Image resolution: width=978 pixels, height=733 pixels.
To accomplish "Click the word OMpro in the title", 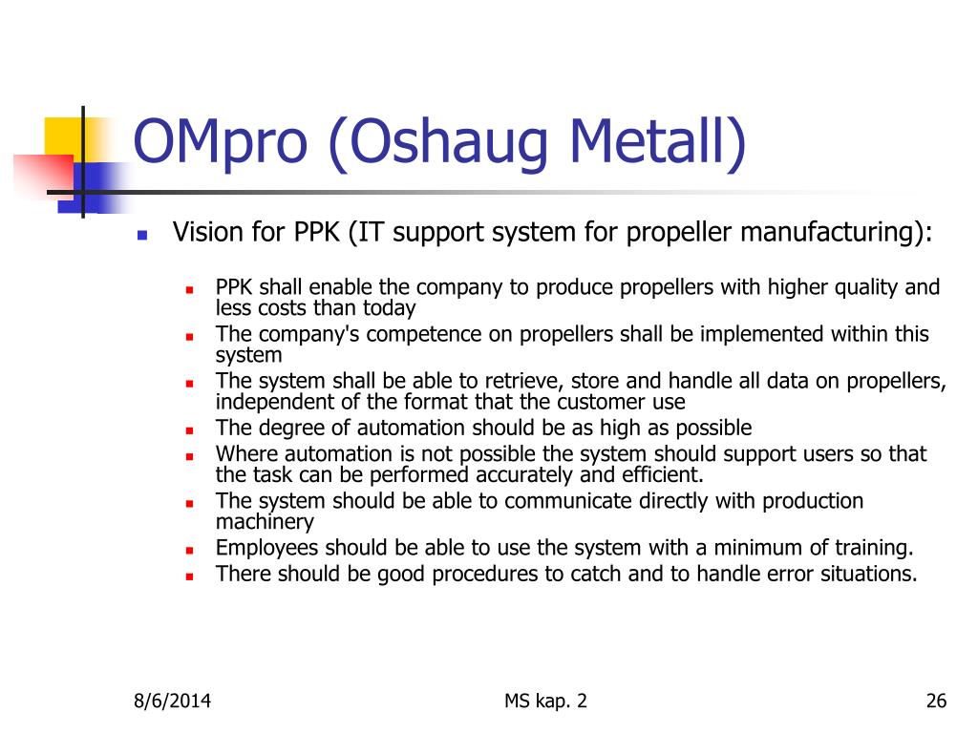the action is [x=221, y=143].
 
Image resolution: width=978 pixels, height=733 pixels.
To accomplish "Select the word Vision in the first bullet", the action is [x=209, y=231].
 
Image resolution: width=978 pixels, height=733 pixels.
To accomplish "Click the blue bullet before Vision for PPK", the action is [x=142, y=235].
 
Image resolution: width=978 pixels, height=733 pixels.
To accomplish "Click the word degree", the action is [x=290, y=429].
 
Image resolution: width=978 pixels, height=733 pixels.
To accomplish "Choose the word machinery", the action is [x=265, y=522].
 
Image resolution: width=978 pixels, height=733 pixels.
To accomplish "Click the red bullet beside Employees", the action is [x=190, y=551].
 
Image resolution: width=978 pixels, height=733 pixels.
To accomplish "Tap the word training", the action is [x=874, y=548].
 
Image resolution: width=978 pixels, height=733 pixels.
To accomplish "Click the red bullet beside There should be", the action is [x=190, y=576].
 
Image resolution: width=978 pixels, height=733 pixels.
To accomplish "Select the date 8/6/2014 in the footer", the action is [x=172, y=702].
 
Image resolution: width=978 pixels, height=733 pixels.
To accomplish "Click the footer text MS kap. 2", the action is [x=545, y=702].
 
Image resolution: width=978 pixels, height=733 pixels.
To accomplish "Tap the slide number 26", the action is [x=936, y=702].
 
